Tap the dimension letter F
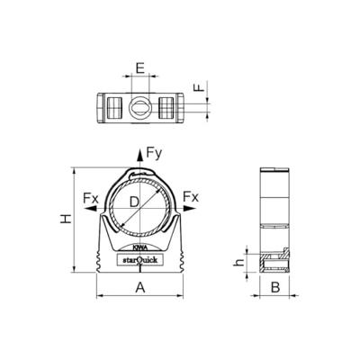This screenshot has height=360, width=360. [x=200, y=89]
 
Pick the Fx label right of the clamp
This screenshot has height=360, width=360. [x=190, y=197]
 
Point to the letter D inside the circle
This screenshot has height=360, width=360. [x=135, y=204]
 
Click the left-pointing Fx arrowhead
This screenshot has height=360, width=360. [x=90, y=209]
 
